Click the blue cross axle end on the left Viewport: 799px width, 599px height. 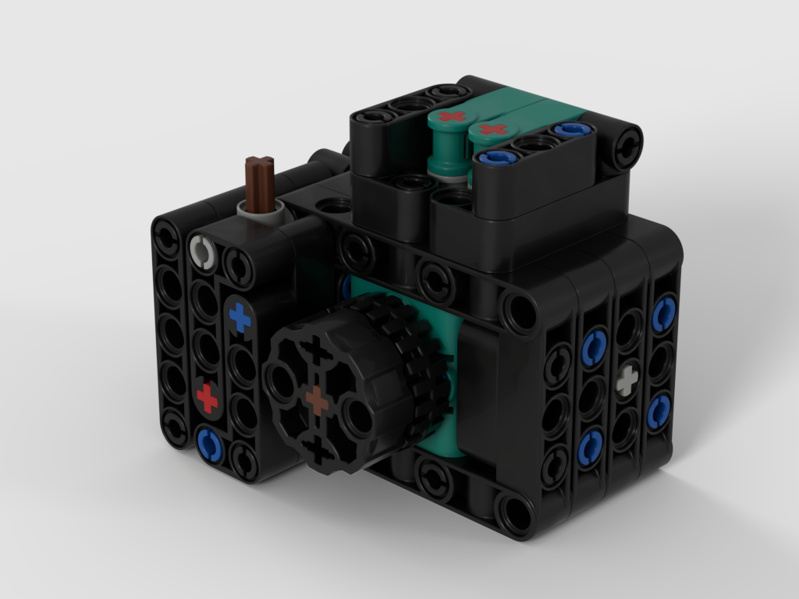click(240, 318)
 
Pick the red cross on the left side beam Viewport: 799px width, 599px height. click(208, 398)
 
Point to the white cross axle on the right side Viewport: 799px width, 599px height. click(627, 381)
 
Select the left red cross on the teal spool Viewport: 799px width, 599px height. click(450, 117)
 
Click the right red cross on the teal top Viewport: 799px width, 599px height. click(493, 129)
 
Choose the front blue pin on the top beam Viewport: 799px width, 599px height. click(493, 160)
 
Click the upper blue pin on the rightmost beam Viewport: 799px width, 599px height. click(663, 313)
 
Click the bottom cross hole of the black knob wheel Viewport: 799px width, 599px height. click(317, 448)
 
